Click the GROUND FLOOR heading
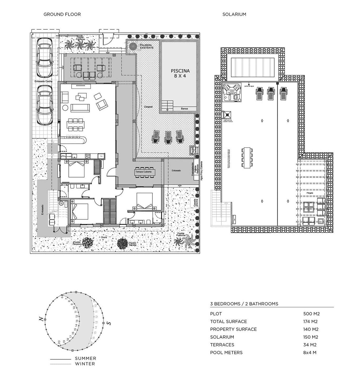tap(62, 14)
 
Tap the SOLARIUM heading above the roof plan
tap(234, 14)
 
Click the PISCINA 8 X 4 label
tap(180, 73)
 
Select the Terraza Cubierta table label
tap(143, 172)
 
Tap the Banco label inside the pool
tap(184, 109)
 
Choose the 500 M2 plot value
tap(311, 314)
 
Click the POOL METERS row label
tap(226, 353)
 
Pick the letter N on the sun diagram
tap(41, 319)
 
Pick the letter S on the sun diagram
tap(109, 323)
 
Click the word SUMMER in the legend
tap(86, 358)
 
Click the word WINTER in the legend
tap(85, 364)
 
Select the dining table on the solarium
tap(247, 158)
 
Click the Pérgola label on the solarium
tap(310, 193)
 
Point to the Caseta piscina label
tap(195, 203)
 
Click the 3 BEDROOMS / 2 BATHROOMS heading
tap(244, 304)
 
